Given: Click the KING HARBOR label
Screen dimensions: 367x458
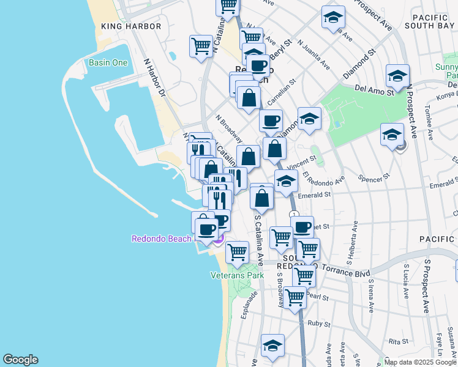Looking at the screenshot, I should click(x=131, y=26).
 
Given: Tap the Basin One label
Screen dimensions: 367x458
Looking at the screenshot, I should click(x=108, y=63).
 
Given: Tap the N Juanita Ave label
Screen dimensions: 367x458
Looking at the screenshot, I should click(x=313, y=54).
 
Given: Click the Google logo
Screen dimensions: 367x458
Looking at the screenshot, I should click(x=20, y=360).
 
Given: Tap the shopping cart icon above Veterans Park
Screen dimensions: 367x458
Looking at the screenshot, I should click(x=237, y=251).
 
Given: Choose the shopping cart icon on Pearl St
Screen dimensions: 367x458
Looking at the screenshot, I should click(x=295, y=297).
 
